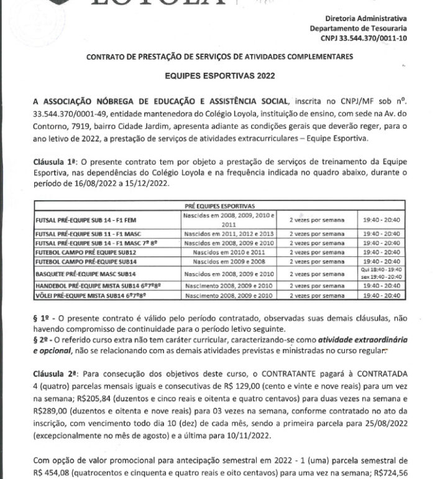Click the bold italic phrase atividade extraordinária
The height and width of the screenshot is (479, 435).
(x=352, y=341)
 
